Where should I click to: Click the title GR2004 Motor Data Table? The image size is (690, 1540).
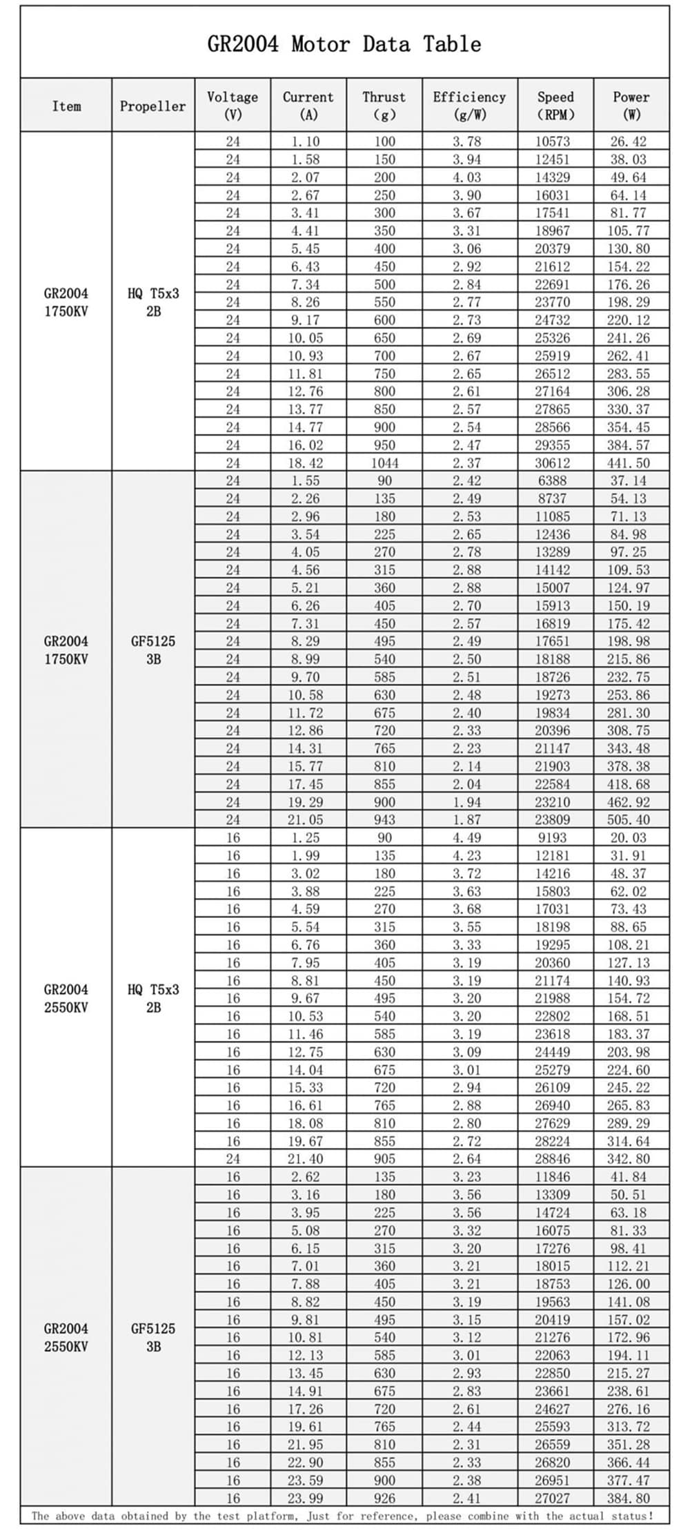pyautogui.click(x=344, y=44)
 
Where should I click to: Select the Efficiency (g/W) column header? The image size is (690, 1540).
pyautogui.click(x=469, y=106)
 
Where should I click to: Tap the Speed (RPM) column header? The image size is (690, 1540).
pyautogui.click(x=555, y=106)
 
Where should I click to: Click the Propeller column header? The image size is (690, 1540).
pyautogui.click(x=152, y=106)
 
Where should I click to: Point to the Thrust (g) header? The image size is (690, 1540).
pyautogui.click(x=384, y=106)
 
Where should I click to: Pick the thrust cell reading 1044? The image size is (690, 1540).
pyautogui.click(x=384, y=463)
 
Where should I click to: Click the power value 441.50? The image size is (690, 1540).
pyautogui.click(x=629, y=463)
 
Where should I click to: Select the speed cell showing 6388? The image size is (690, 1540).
pyautogui.click(x=552, y=481)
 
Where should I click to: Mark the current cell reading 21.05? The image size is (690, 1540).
pyautogui.click(x=306, y=820)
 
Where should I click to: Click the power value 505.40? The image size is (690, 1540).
pyautogui.click(x=629, y=820)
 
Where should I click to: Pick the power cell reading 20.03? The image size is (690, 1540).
pyautogui.click(x=629, y=838)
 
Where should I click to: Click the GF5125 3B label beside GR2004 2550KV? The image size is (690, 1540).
pyautogui.click(x=153, y=1338)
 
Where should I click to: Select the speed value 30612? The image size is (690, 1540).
pyautogui.click(x=553, y=463)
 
